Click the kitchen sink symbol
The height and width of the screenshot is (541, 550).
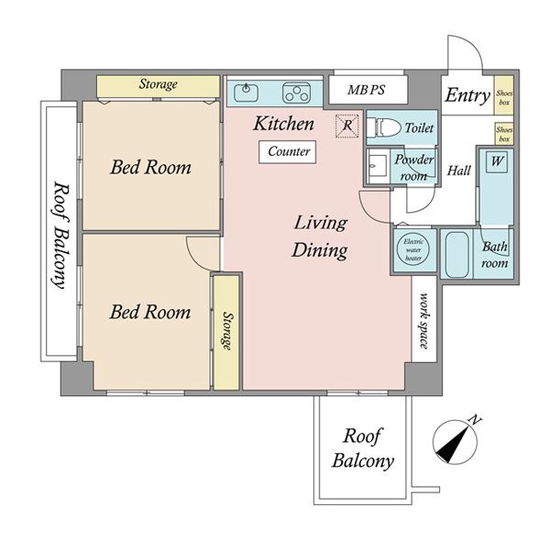point(246,93)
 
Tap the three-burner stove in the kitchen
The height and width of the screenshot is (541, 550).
point(296,93)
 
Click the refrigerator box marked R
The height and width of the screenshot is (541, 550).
point(346,126)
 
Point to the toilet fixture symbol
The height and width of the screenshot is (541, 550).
point(384,127)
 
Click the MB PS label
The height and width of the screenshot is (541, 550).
point(366,90)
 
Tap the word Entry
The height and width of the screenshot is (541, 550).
point(467,95)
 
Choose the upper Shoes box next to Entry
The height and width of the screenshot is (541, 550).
point(504,95)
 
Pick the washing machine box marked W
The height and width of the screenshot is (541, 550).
point(497,161)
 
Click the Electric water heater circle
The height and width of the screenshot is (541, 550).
point(413,249)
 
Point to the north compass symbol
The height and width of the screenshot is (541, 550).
point(455,441)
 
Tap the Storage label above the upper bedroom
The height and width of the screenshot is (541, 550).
point(159,83)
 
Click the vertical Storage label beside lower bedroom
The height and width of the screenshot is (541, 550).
point(227,331)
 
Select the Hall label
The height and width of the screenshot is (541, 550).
point(459,171)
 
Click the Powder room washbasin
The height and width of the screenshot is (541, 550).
point(378,165)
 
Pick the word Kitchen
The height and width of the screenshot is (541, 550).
point(283,124)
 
